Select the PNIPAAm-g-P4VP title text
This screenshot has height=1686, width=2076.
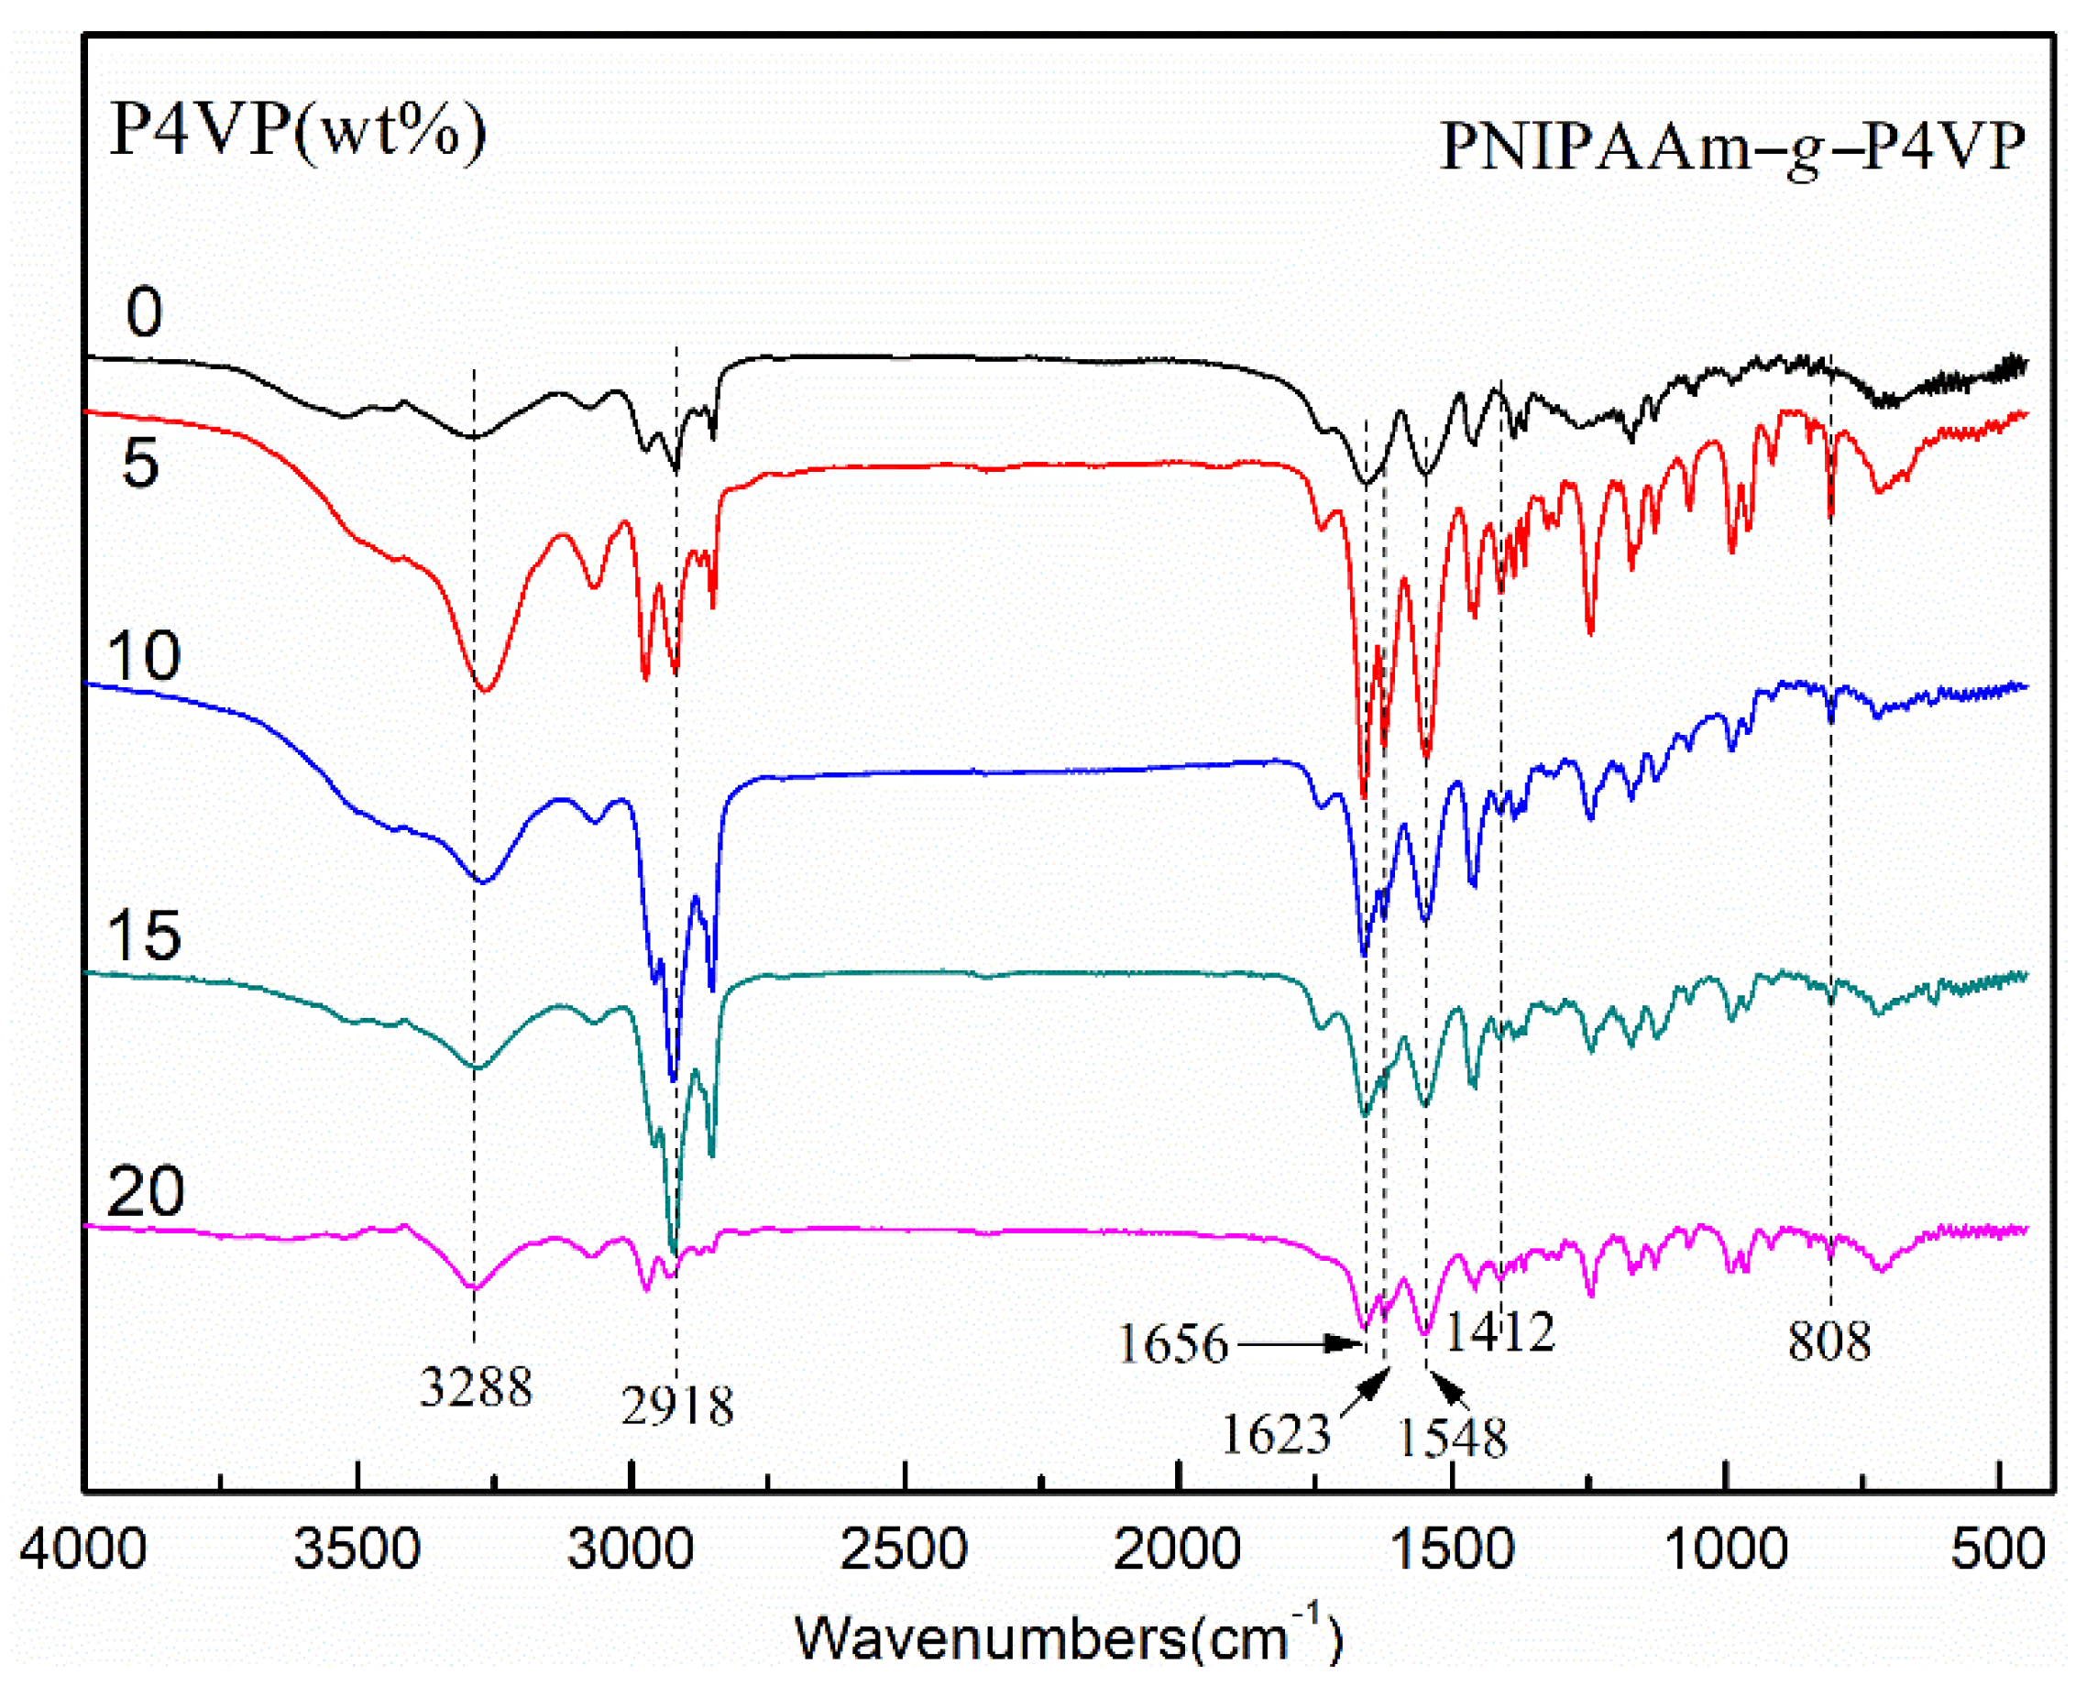click(x=1732, y=148)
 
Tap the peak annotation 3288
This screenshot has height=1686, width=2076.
click(x=476, y=1387)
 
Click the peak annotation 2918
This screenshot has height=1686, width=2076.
click(x=677, y=1406)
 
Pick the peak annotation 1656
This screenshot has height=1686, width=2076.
click(x=1173, y=1344)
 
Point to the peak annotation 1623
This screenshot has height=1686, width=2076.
click(x=1276, y=1433)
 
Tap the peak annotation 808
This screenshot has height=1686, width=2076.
click(x=1829, y=1341)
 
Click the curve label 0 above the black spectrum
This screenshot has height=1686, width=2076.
click(x=144, y=312)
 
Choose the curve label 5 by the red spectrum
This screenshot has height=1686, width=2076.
click(x=140, y=463)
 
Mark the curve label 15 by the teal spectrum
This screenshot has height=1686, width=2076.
click(x=144, y=936)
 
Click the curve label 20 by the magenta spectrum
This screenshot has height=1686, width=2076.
click(x=145, y=1192)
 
